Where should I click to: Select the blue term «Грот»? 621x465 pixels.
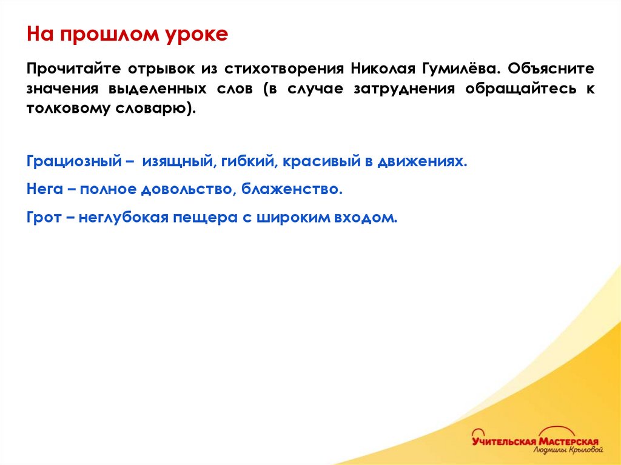pos(44,217)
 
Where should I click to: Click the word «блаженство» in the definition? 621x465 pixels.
pos(292,190)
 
